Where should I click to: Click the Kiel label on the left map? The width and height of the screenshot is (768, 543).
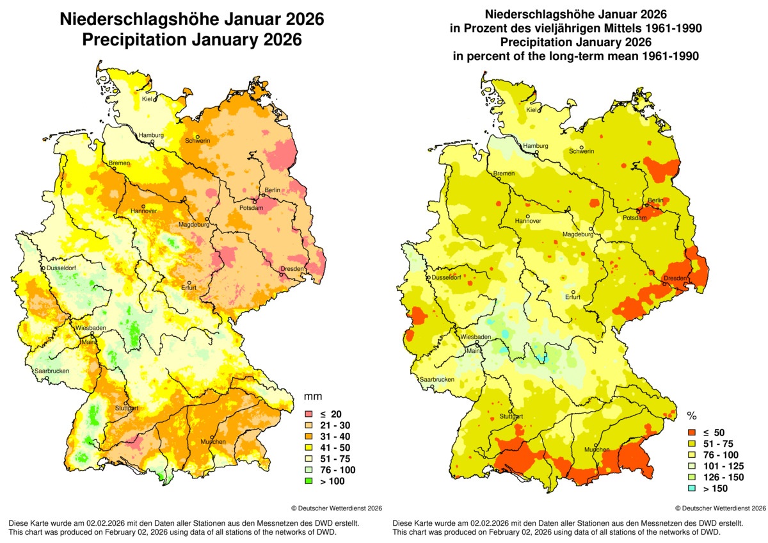point(147,99)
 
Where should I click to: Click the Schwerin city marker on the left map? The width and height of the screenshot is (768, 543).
point(198,136)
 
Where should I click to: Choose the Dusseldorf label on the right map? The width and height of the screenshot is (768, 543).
point(445,278)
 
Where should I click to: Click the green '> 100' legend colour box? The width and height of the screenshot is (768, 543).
point(310,480)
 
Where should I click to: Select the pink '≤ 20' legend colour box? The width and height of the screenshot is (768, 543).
point(310,414)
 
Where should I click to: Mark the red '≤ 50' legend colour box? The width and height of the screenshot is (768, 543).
point(694,433)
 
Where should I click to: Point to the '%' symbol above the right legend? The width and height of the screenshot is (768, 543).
point(691,416)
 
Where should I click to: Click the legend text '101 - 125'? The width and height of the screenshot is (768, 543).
point(726,466)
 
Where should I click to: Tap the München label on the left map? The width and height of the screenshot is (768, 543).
point(212,442)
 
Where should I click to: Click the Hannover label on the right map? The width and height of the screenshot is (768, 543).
point(527,221)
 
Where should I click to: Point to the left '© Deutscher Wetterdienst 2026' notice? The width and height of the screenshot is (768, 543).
point(337,508)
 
